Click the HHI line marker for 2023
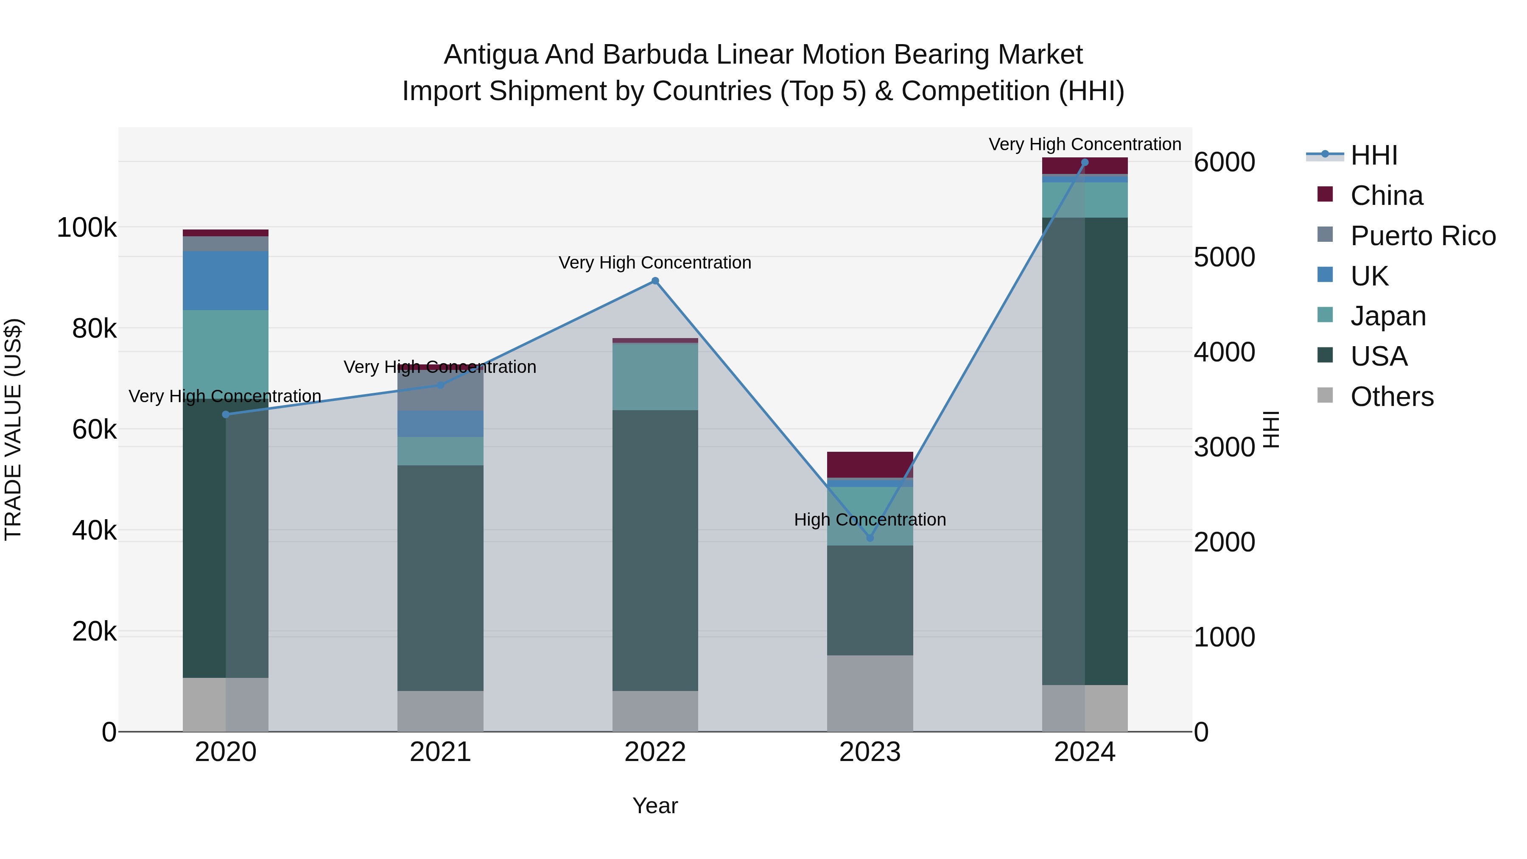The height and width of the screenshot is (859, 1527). [870, 538]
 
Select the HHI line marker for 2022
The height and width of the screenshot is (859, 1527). [655, 281]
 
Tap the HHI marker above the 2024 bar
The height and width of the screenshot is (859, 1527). [1085, 162]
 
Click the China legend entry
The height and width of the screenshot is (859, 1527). [1386, 196]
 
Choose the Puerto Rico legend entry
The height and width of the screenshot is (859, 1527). [1423, 236]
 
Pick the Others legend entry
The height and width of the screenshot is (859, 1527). [1391, 397]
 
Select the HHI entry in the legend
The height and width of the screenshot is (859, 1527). [1373, 155]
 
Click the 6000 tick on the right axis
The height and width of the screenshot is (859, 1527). [1224, 162]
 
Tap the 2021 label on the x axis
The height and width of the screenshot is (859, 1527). [440, 752]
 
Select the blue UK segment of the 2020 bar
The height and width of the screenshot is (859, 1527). [225, 280]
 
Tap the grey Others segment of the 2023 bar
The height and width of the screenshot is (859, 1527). [870, 693]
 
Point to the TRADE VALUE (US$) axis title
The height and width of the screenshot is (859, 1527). [13, 429]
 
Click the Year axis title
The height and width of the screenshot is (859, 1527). [655, 806]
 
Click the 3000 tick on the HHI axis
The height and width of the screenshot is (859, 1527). [1224, 448]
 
